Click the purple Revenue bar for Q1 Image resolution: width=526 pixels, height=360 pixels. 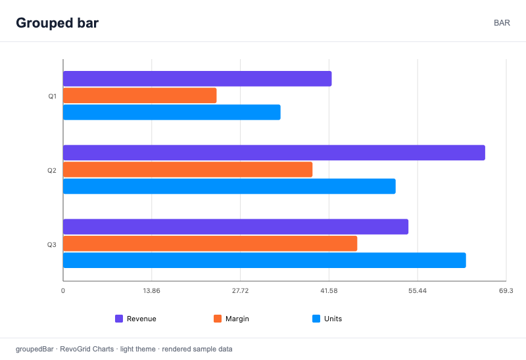coord(197,79)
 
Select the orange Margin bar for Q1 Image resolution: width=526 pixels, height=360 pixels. coord(140,95)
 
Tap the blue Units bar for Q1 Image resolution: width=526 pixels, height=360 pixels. coord(172,112)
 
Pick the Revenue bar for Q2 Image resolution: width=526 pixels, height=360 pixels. coord(274,153)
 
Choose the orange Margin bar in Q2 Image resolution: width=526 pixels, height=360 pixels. coord(188,169)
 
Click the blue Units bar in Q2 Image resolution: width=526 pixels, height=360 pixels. coord(229,187)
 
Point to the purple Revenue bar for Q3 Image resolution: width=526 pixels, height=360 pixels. coord(236,227)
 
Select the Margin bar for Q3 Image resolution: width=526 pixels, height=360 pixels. coord(210,244)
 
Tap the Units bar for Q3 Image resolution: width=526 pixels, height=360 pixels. coord(265,260)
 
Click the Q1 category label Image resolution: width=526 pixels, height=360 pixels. coord(53,97)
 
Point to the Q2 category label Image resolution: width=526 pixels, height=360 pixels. coord(52,171)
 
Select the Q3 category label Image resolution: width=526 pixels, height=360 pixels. coord(52,244)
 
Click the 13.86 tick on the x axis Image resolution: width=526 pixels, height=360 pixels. coord(152,290)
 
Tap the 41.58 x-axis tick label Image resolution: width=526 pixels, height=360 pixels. coord(329,290)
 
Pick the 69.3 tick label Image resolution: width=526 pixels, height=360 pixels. coord(506,290)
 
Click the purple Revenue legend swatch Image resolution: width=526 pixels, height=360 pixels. coord(119,319)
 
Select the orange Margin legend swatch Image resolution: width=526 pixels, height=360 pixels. coord(218,319)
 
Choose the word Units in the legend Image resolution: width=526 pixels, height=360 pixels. coord(333,319)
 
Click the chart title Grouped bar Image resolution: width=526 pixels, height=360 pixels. coord(57,23)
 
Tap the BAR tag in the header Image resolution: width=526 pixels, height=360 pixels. coord(502,23)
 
